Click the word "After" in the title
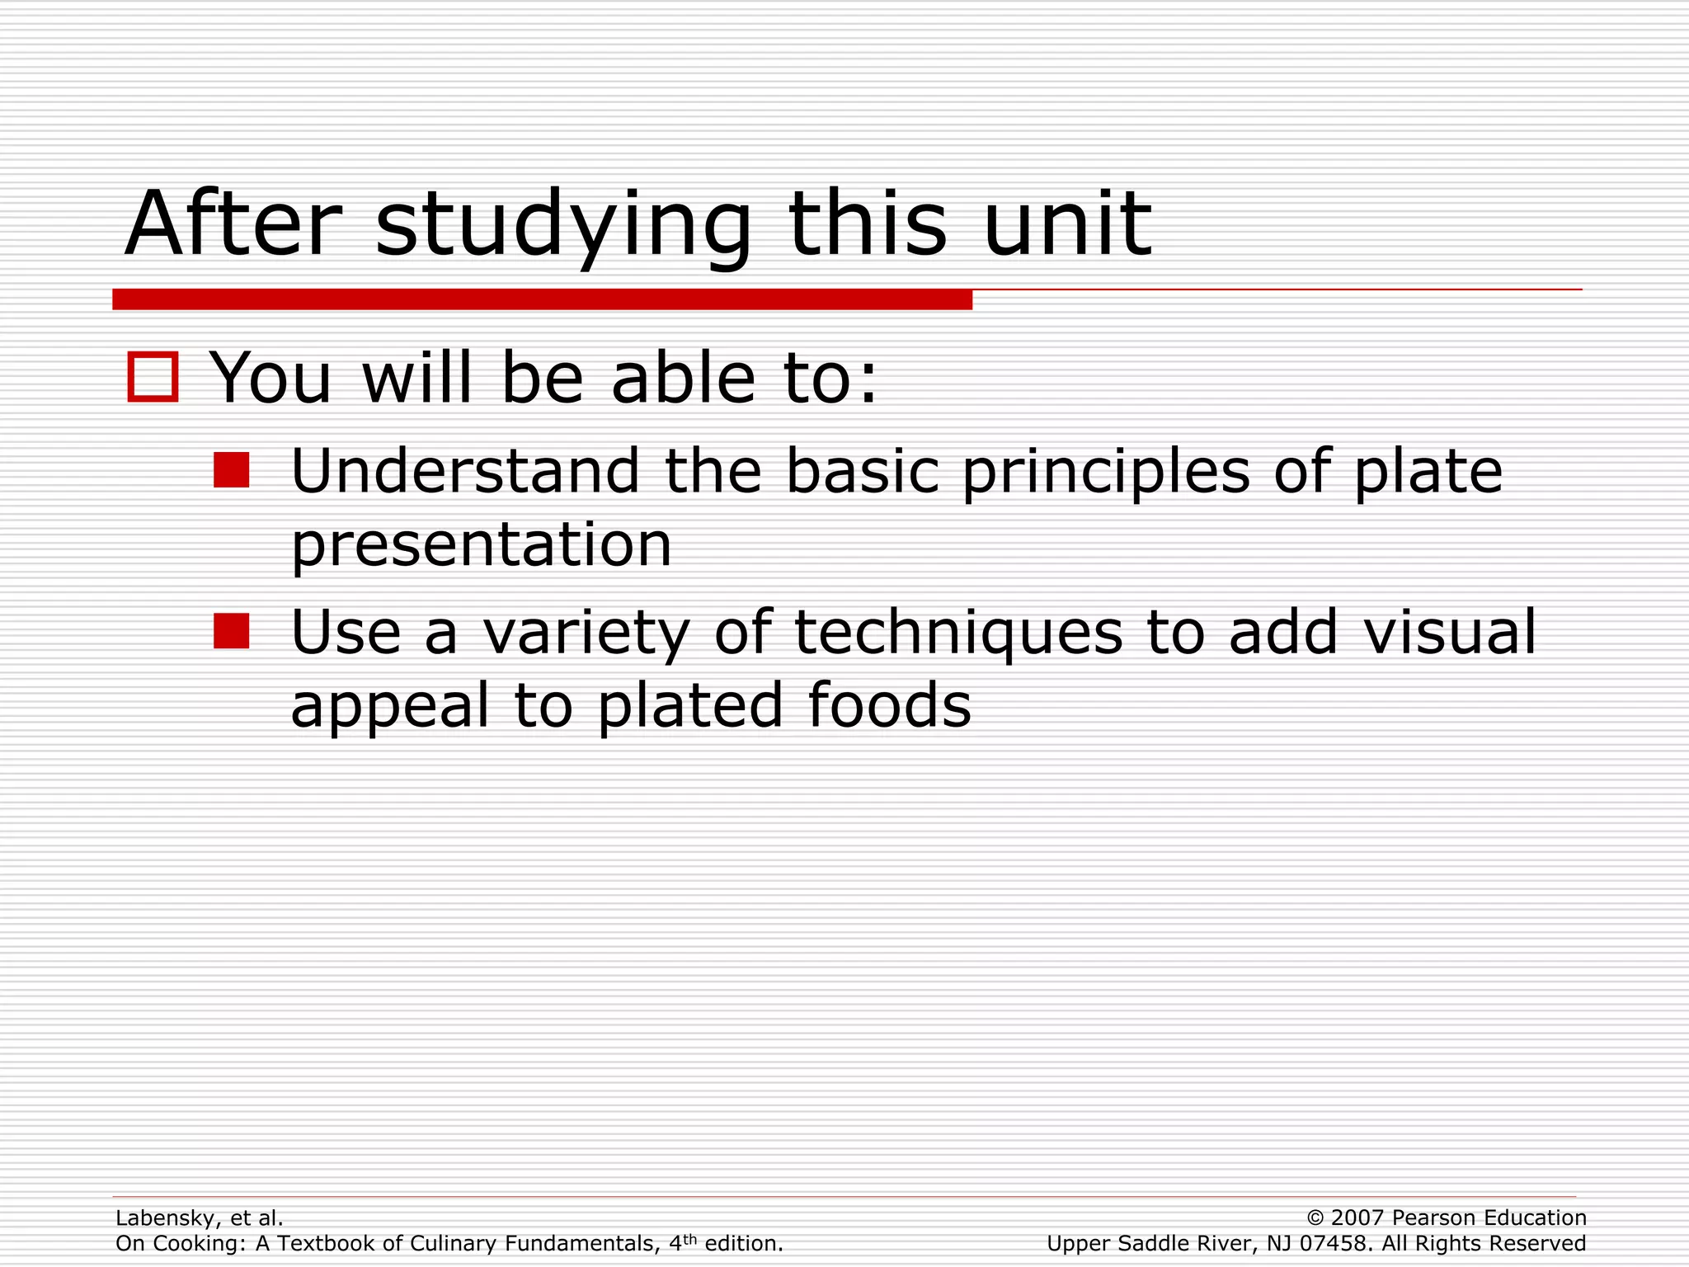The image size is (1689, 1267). [233, 224]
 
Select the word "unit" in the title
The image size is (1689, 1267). [1067, 224]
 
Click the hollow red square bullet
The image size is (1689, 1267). [153, 377]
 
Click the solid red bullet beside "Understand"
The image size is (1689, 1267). [231, 470]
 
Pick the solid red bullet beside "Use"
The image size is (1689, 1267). [231, 631]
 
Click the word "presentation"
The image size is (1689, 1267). [482, 547]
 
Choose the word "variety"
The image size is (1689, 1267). [586, 633]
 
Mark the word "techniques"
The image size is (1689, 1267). [958, 633]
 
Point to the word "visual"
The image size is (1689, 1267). [1449, 632]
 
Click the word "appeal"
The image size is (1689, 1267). [390, 708]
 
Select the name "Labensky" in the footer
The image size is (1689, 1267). [167, 1218]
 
